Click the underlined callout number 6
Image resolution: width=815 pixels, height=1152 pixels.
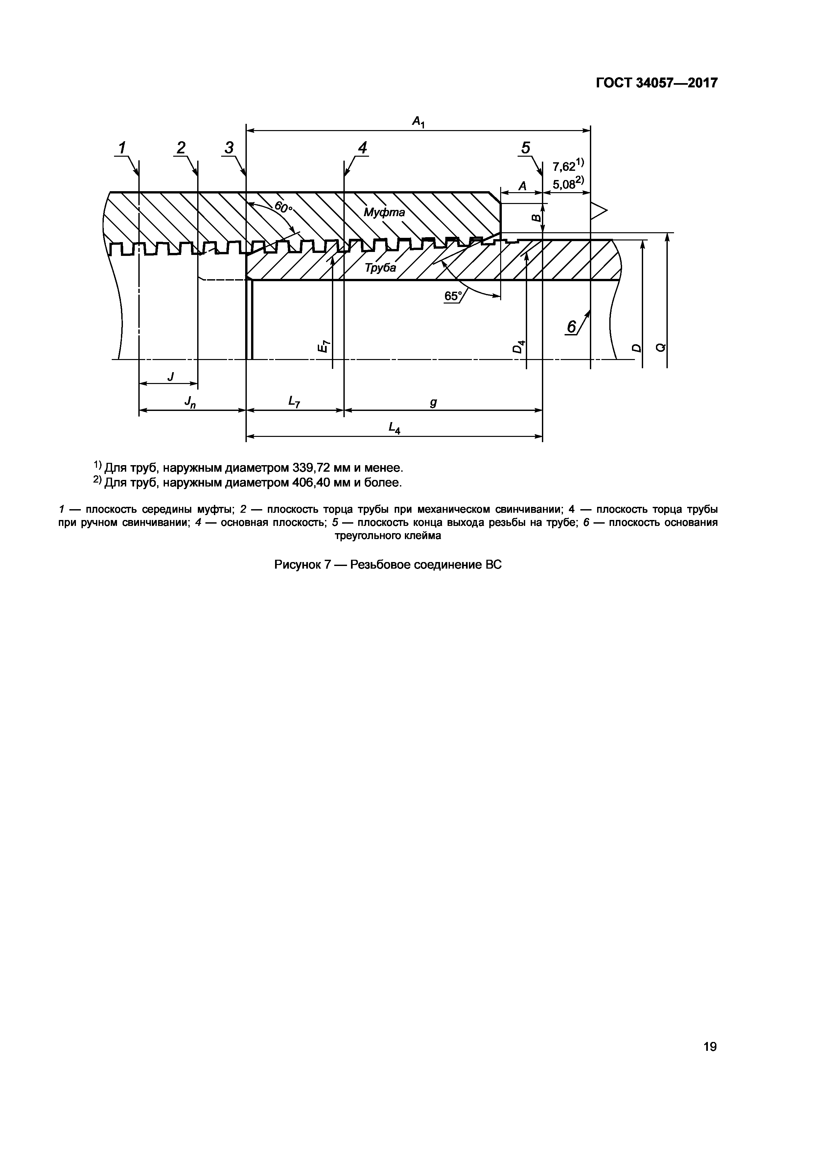click(571, 327)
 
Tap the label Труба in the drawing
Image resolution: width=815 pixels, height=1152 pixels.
click(380, 268)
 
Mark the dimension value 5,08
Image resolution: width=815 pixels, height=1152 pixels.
click(564, 184)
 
